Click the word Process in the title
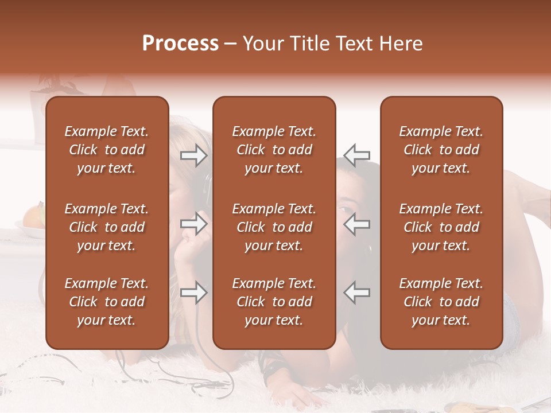180,44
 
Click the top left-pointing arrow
357,155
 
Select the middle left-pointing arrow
357,224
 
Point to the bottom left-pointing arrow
357,293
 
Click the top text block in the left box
107,150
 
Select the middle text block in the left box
107,227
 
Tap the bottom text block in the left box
107,302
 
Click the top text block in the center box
274,150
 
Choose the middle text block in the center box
274,227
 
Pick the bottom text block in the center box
274,302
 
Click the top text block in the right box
441,150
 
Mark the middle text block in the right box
441,227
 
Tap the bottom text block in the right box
441,302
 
